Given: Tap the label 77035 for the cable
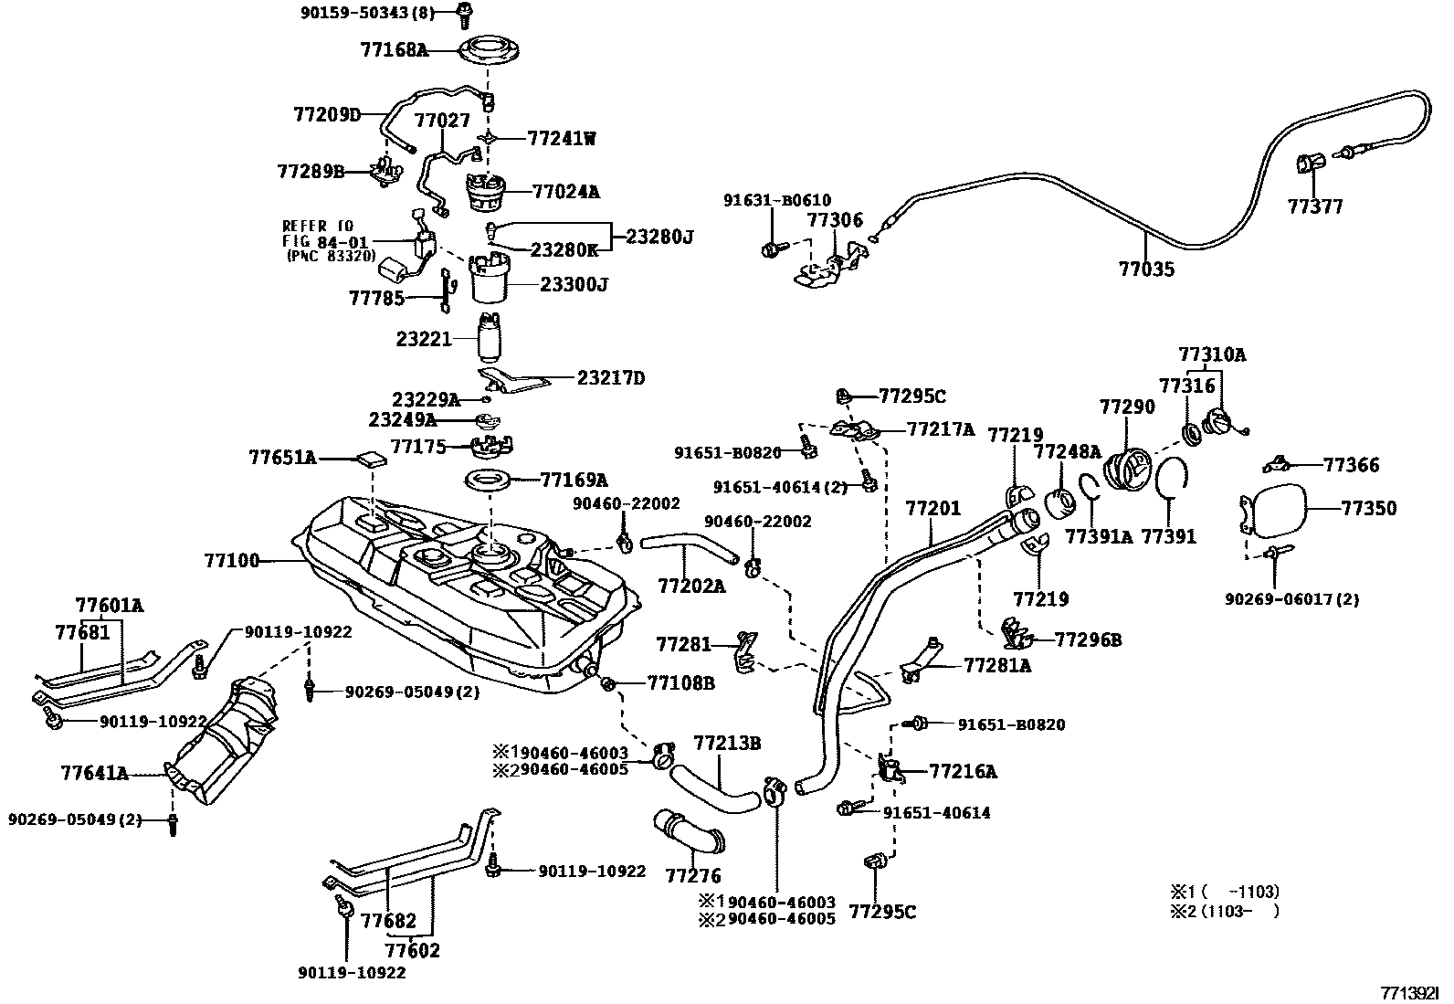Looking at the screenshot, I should tap(1146, 269).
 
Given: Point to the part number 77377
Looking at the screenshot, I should tap(1315, 206).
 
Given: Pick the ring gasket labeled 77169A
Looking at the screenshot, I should tap(490, 480).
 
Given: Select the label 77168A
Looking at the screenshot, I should tap(393, 49).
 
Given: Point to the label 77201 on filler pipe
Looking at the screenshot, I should tap(932, 508).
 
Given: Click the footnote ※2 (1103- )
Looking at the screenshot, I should tap(1224, 911).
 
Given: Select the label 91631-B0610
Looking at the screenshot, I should tap(777, 201).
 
